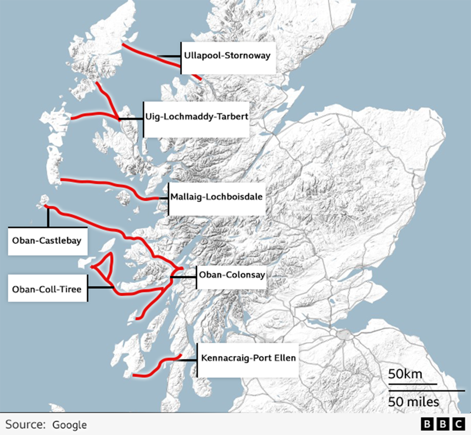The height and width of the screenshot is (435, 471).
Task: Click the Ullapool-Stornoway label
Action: [227, 56]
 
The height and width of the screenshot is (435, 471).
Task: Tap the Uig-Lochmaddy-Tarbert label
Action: [196, 117]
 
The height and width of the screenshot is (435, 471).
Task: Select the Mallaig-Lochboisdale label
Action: [216, 197]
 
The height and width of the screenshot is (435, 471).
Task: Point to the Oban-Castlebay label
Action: [47, 241]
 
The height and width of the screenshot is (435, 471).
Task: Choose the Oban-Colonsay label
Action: [232, 275]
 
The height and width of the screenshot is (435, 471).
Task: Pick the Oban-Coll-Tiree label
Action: [47, 289]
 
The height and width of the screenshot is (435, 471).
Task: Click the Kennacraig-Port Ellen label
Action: [248, 358]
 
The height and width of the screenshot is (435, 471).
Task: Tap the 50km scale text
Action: [405, 374]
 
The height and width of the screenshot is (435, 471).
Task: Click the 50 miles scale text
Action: [414, 402]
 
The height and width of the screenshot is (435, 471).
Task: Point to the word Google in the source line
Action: [70, 425]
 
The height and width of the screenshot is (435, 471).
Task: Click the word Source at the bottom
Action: [25, 425]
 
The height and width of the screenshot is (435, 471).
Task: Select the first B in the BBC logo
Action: [427, 424]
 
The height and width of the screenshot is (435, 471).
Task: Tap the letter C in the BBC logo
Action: [458, 424]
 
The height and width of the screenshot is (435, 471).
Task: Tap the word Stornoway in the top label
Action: [247, 56]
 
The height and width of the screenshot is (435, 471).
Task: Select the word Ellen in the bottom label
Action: [285, 358]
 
